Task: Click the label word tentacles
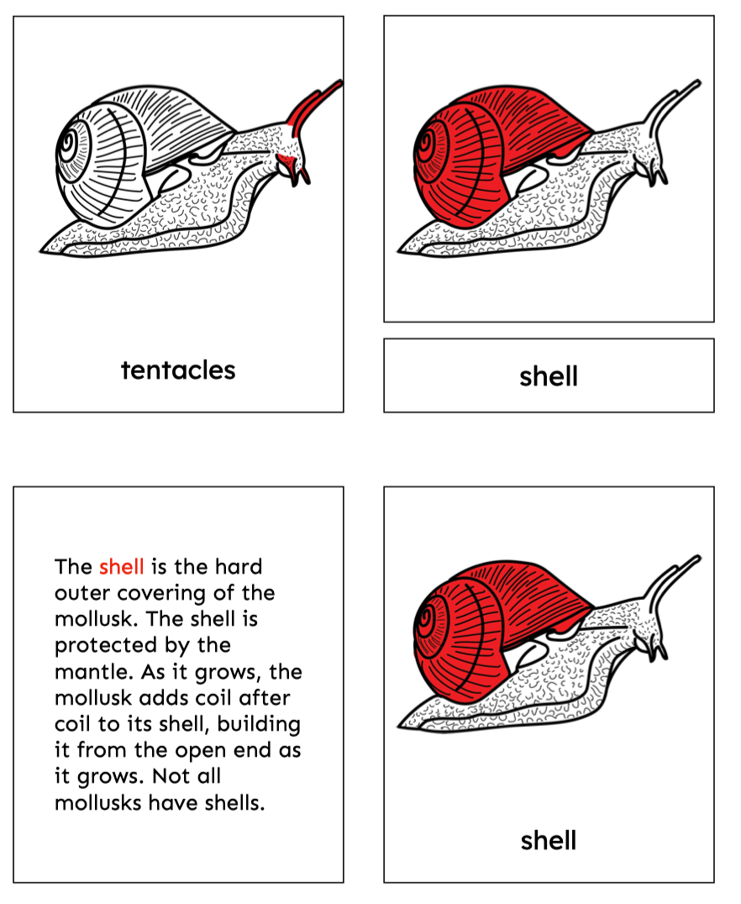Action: tap(178, 371)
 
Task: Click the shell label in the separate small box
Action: tap(549, 376)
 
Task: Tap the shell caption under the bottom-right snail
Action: tap(549, 840)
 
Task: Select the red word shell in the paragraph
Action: tap(121, 567)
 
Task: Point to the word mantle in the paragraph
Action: tap(93, 671)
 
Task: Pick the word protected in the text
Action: tap(106, 645)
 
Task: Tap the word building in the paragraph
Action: tap(259, 724)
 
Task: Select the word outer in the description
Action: tap(81, 593)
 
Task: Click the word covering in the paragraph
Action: tap(161, 594)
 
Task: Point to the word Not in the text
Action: tap(170, 776)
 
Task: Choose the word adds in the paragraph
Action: tap(164, 698)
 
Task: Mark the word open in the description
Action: tap(201, 751)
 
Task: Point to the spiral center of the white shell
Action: tap(70, 140)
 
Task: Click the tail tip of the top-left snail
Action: tap(40, 251)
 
